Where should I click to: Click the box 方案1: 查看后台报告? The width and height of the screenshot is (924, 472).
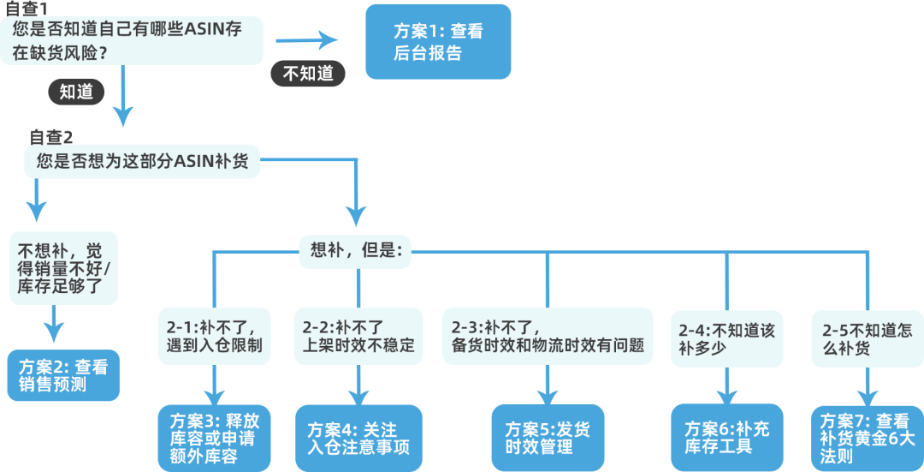(438, 42)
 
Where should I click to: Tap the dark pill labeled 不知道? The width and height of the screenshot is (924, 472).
(308, 73)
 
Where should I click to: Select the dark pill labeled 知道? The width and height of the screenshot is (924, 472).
(77, 92)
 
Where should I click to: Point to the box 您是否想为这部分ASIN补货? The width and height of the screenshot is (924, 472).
(142, 160)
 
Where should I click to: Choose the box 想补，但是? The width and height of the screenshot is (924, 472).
(354, 250)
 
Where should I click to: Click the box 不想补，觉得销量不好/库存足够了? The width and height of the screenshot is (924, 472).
(64, 267)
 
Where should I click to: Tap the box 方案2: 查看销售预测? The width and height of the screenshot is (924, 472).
(63, 375)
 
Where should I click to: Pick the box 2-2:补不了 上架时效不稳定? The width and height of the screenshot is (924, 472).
(358, 336)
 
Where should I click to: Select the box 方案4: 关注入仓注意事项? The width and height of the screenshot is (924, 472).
(358, 438)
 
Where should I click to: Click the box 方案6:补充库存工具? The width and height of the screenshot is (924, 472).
(726, 437)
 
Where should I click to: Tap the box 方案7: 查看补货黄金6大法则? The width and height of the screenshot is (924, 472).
(867, 437)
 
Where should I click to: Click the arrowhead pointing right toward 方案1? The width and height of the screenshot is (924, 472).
(329, 39)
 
